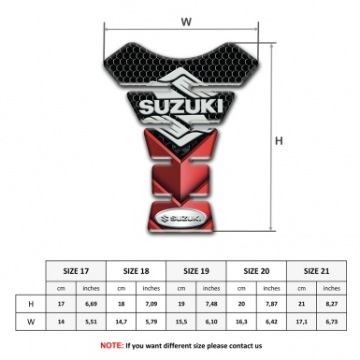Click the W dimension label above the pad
pos(185,20)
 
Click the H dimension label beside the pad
pos(279,141)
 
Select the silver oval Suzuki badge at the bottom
pos(185,223)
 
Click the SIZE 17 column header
pos(77,269)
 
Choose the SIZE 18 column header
pos(137,269)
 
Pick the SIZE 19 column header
pos(197,269)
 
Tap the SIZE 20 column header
pos(257,269)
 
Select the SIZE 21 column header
pos(317,269)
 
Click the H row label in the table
pos(32,305)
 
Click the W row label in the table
pos(32,324)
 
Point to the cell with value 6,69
pos(92,305)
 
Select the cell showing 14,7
pos(122,324)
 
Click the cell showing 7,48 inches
pos(212,305)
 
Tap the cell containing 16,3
pos(242,324)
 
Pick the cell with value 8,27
pos(332,305)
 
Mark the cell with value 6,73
pos(332,324)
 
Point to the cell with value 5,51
pos(92,324)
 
